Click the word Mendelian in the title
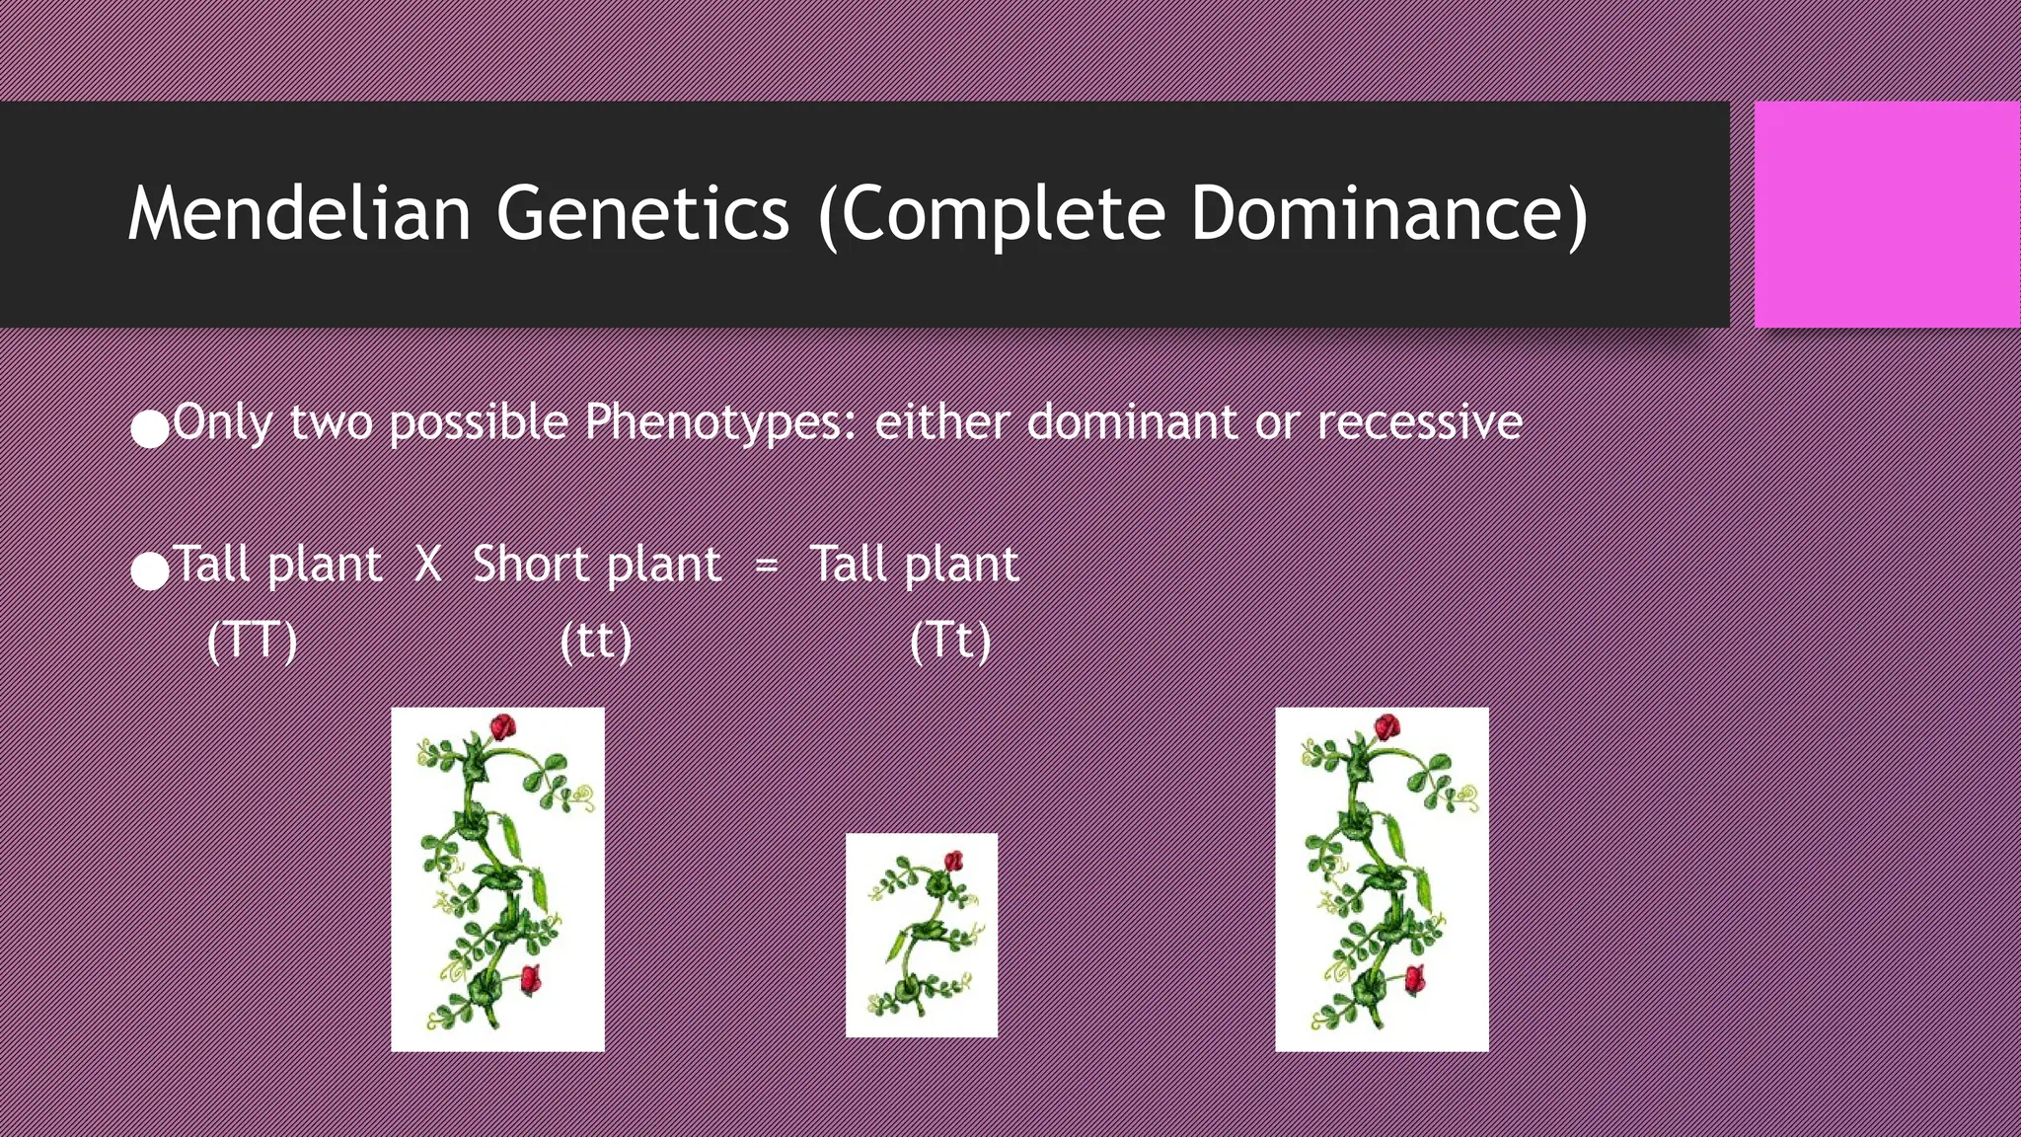[x=299, y=213]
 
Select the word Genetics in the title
[x=642, y=213]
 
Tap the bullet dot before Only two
[x=150, y=429]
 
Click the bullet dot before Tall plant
[x=150, y=571]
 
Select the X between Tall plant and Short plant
[x=427, y=566]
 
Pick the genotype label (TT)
[x=252, y=642]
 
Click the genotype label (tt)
[x=595, y=642]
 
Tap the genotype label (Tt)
[x=949, y=642]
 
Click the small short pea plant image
[x=921, y=935]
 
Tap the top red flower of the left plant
[x=503, y=728]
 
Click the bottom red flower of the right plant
[x=1414, y=979]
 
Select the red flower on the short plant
[x=953, y=861]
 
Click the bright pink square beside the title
[x=1887, y=214]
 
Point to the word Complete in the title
[x=1003, y=213]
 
